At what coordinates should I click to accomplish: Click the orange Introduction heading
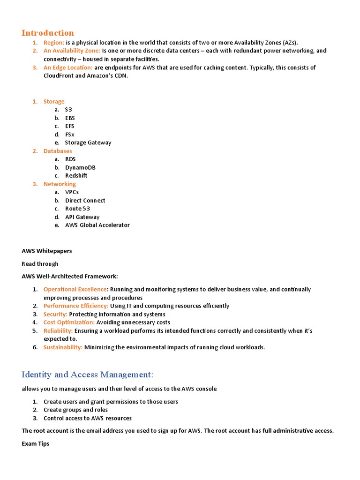(x=48, y=33)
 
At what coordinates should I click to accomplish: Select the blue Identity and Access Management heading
(x=87, y=375)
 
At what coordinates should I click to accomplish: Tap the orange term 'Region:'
(x=54, y=42)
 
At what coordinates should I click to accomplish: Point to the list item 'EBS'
(x=70, y=118)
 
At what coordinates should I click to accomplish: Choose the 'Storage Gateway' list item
(x=88, y=142)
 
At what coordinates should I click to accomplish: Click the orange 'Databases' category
(x=58, y=151)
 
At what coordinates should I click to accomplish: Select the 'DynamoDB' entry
(x=81, y=167)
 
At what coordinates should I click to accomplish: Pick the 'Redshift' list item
(x=76, y=175)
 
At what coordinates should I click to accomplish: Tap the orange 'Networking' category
(x=60, y=184)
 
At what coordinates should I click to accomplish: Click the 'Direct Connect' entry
(x=85, y=200)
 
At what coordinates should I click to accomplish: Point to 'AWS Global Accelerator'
(x=97, y=225)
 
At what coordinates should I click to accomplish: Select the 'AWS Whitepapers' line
(x=47, y=251)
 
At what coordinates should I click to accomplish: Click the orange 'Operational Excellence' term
(x=75, y=289)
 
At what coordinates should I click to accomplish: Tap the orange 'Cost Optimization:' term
(x=69, y=322)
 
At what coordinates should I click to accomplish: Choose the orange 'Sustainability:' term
(x=63, y=347)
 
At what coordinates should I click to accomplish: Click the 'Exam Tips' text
(x=36, y=443)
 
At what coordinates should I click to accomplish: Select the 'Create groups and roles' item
(x=75, y=410)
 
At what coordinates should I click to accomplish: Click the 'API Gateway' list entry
(x=82, y=217)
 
